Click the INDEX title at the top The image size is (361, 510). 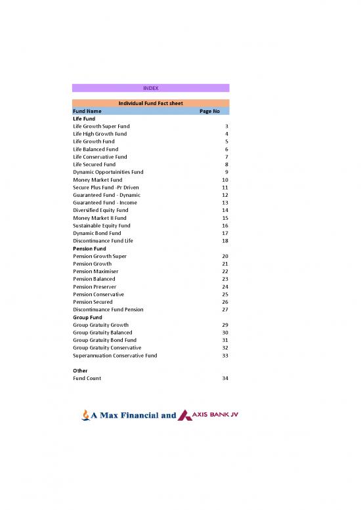pyautogui.click(x=150, y=88)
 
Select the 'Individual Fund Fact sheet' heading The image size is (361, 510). pyautogui.click(x=150, y=104)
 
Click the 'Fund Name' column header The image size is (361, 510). pyautogui.click(x=87, y=111)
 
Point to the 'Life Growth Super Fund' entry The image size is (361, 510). pyautogui.click(x=101, y=126)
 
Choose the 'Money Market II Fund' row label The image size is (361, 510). pyautogui.click(x=100, y=218)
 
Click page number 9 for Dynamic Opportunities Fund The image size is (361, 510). pyautogui.click(x=226, y=172)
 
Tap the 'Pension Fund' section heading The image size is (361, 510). pyautogui.click(x=89, y=249)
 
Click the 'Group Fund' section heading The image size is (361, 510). pyautogui.click(x=87, y=318)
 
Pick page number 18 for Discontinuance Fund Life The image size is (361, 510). pyautogui.click(x=225, y=241)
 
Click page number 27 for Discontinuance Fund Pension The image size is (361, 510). pyautogui.click(x=225, y=310)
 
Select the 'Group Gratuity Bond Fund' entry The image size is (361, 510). pyautogui.click(x=104, y=341)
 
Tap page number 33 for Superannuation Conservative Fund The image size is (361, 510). pyautogui.click(x=225, y=356)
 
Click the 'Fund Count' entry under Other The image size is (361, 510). pyautogui.click(x=87, y=379)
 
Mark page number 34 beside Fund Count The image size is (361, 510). pyautogui.click(x=225, y=379)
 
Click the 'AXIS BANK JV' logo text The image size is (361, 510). pyautogui.click(x=213, y=414)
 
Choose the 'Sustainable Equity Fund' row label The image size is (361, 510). pyautogui.click(x=102, y=226)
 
